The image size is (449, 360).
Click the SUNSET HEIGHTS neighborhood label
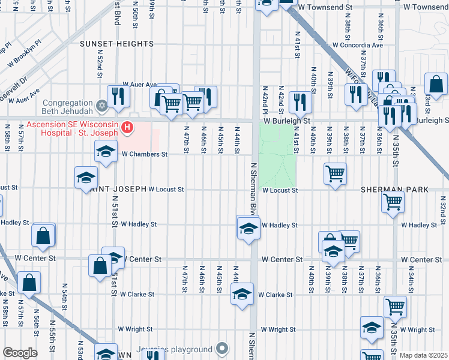tap(118, 44)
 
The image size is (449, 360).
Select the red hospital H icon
tap(127, 127)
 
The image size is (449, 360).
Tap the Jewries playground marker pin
tap(223, 349)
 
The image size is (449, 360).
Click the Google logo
tap(19, 353)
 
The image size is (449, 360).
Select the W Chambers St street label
tap(144, 154)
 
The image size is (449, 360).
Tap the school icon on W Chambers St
tap(106, 151)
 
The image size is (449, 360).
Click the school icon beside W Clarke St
tap(242, 295)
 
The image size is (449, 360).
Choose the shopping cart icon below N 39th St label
tap(335, 173)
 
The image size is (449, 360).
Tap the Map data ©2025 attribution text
tap(424, 355)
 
